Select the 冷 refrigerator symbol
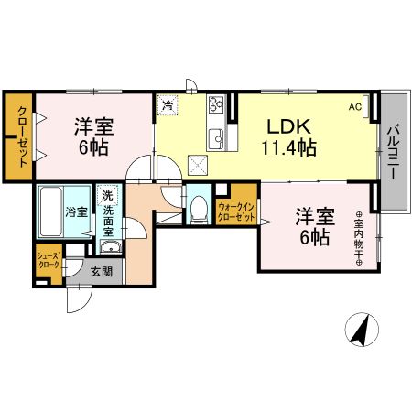(x=168, y=105)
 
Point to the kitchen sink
(x=217, y=137)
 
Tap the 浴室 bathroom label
(x=76, y=212)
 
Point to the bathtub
(x=50, y=211)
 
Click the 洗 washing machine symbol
(x=108, y=195)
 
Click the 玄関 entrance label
(x=101, y=271)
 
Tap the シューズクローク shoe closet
(x=49, y=260)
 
